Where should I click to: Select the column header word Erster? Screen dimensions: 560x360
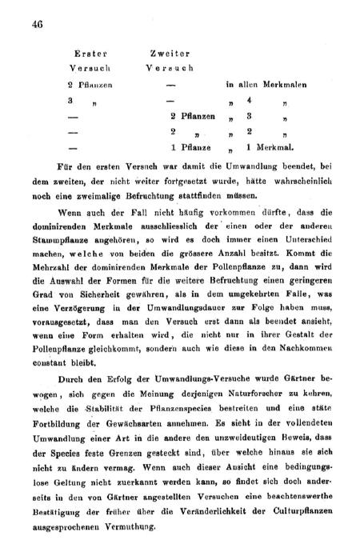click(84, 53)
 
